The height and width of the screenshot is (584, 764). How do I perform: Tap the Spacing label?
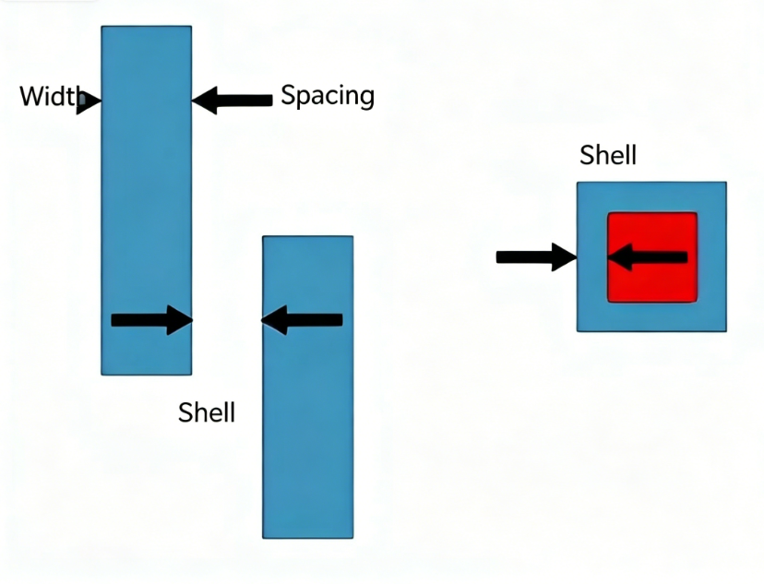coord(328,95)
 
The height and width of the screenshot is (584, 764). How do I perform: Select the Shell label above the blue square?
coord(607,155)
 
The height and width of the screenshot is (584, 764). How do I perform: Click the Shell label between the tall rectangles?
coord(207,412)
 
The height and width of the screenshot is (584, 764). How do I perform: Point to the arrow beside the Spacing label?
coord(232,101)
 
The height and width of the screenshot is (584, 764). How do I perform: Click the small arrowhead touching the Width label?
coord(89,101)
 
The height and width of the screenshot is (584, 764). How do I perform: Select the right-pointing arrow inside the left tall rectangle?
coord(152,320)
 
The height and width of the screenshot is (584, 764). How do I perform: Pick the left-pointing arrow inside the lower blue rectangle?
coord(302,320)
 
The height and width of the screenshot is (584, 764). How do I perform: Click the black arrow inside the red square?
coord(648,256)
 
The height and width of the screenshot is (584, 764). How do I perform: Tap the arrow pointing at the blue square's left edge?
coord(536,256)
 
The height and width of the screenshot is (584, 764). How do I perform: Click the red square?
coord(652,257)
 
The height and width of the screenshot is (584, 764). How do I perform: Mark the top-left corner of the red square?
coord(607,212)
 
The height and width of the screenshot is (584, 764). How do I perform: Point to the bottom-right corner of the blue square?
coord(726,332)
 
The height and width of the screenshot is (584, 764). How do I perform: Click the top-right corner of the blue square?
coord(726,182)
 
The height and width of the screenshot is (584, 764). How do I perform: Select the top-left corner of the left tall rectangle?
coord(101,27)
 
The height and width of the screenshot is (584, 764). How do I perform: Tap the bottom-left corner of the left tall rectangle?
coord(101,375)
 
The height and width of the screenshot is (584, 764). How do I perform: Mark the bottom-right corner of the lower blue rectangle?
coord(352,538)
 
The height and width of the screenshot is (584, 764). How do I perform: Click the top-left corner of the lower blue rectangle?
coord(263,236)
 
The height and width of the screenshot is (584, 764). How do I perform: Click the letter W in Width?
coord(31,97)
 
